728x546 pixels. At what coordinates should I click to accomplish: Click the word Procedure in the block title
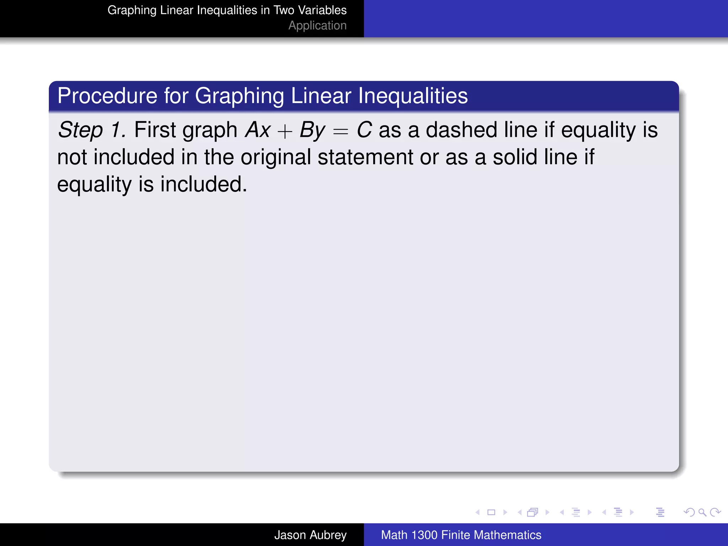[x=107, y=96]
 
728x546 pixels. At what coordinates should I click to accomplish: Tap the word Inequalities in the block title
[x=413, y=96]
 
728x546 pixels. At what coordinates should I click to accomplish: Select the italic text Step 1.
[x=92, y=130]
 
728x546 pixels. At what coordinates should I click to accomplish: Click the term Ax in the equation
[x=258, y=130]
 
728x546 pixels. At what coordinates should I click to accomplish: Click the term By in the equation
[x=312, y=130]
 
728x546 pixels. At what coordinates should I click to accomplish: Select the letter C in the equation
[x=364, y=130]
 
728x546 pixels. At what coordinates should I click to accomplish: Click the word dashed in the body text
[x=461, y=130]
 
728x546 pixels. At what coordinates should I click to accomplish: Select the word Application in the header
[x=317, y=26]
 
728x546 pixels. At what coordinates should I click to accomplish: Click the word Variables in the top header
[x=322, y=10]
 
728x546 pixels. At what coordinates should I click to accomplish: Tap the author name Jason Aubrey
[x=310, y=535]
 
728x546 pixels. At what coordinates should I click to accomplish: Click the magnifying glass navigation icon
[x=702, y=512]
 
